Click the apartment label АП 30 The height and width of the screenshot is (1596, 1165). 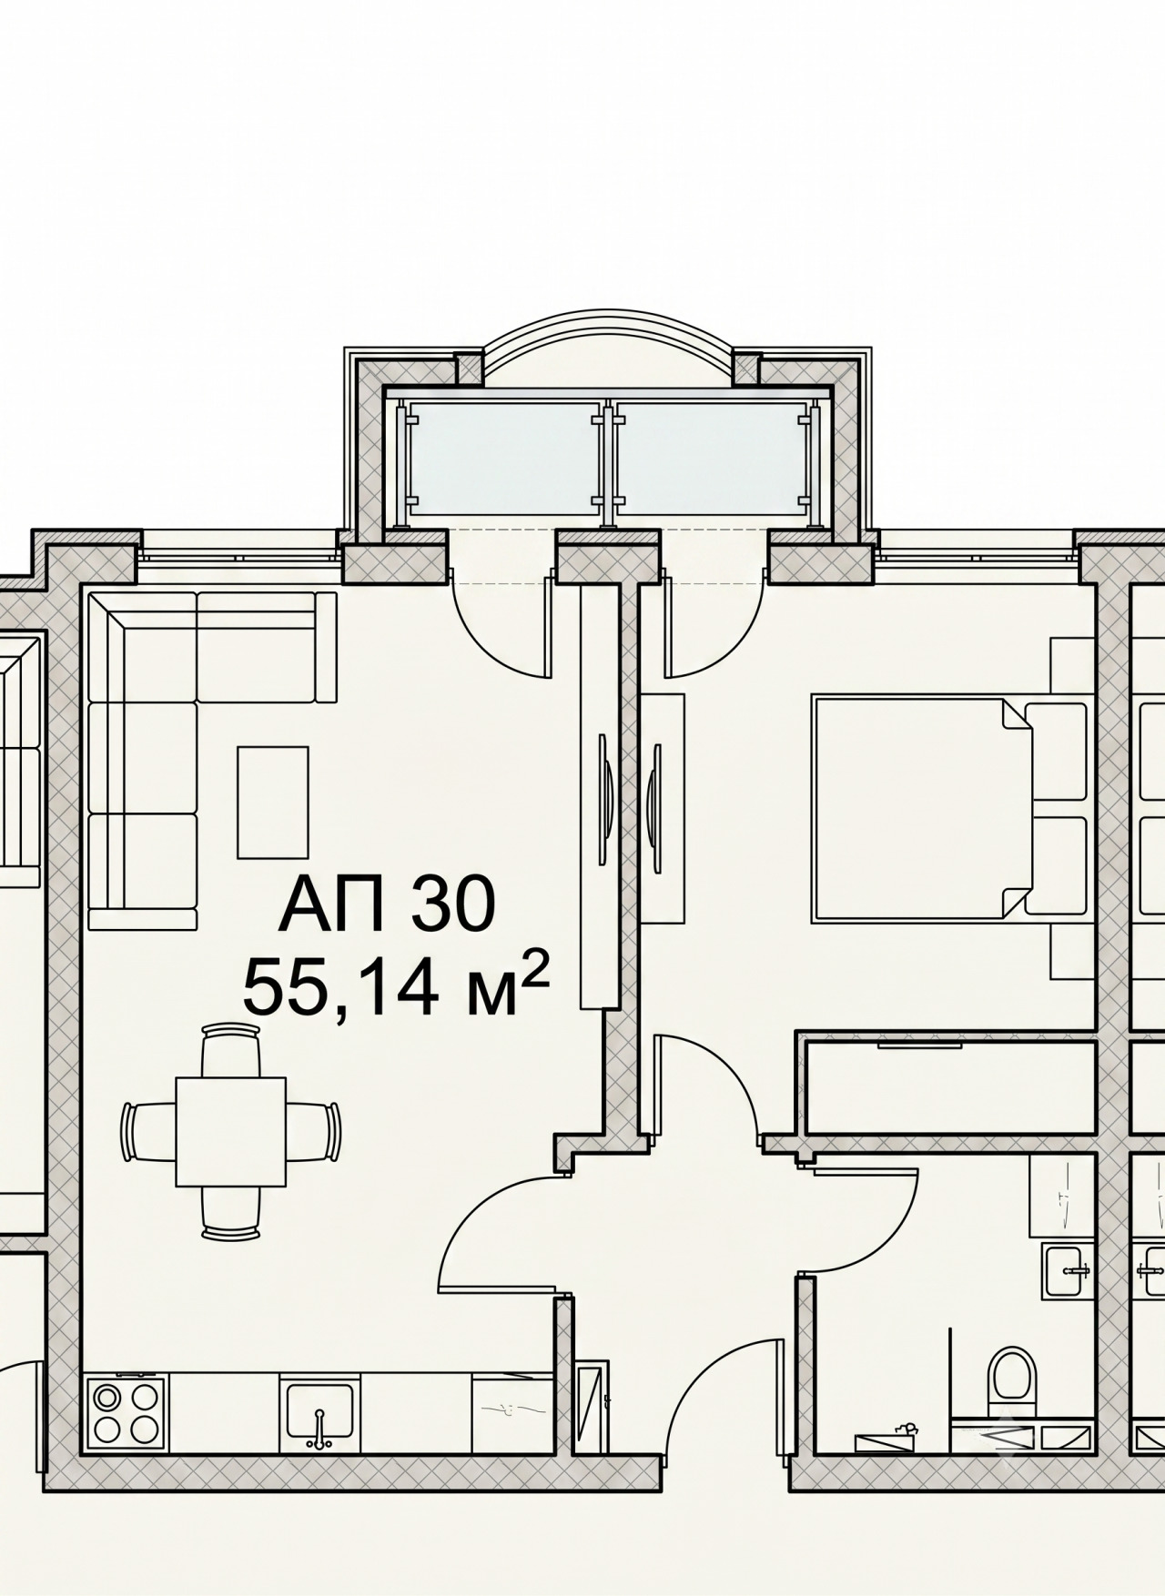coord(387,904)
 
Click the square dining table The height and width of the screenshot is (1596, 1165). coord(231,1131)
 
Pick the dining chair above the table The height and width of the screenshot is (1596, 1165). coord(231,1050)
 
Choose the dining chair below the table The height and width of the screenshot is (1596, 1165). coord(231,1213)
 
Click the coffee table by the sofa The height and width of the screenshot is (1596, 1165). coord(273,802)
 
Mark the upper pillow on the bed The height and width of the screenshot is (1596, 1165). coord(1056,752)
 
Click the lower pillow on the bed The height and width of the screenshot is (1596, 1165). coord(1056,865)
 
